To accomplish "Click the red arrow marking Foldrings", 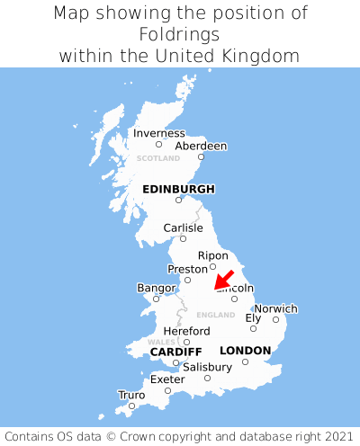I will [x=224, y=280].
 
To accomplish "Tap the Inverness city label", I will [x=158, y=133].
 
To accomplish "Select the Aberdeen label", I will [x=201, y=146].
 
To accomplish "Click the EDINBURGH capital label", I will [x=178, y=189].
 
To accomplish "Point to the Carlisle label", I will [x=183, y=227].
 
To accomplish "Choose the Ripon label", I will [x=212, y=255].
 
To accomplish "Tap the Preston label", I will [x=187, y=269].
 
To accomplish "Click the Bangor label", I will [x=156, y=288].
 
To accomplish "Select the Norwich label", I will [x=275, y=308].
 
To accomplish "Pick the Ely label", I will [x=253, y=317].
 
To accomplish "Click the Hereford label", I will [x=186, y=331].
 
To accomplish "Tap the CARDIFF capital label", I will [x=175, y=351].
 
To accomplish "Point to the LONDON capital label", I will [x=245, y=350].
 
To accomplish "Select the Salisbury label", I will [x=207, y=367].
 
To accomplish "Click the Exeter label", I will [x=167, y=379].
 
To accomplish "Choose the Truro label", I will [x=131, y=395].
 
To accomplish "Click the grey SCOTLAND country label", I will [x=158, y=158].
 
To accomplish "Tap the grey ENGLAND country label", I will [x=215, y=315].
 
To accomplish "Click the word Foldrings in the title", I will [x=180, y=34].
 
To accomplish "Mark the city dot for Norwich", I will [x=275, y=319].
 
